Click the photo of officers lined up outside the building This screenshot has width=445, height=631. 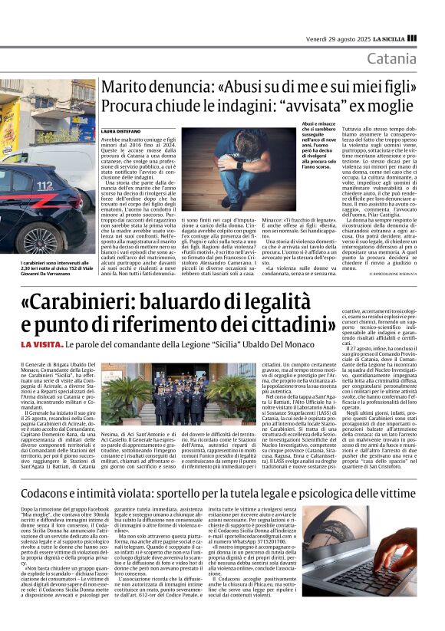[184, 396]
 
